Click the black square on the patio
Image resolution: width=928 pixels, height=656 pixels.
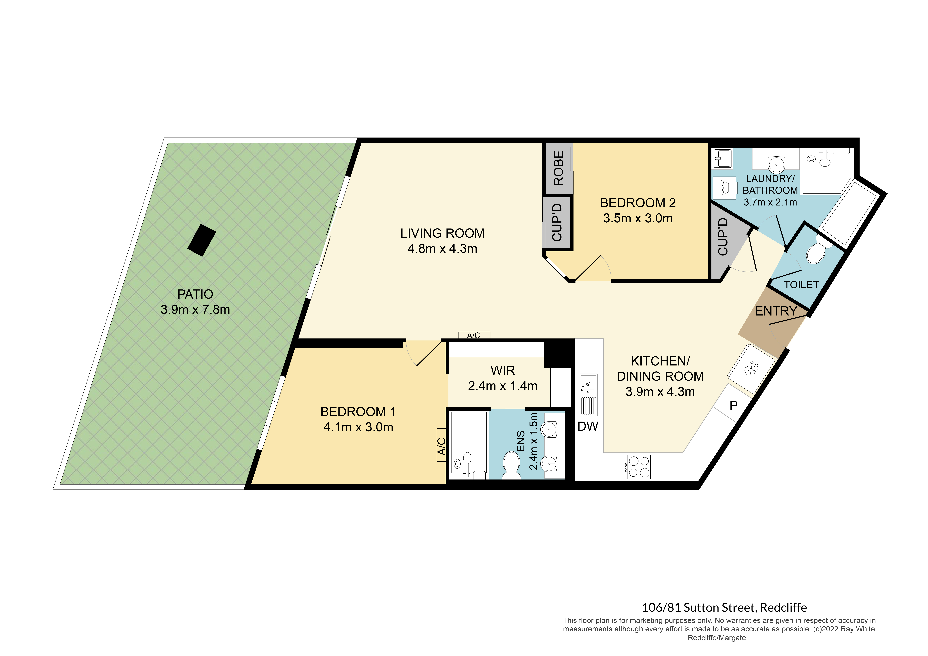coord(202,240)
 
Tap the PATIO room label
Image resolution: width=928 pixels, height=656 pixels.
coord(195,294)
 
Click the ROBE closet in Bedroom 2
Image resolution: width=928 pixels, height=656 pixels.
coord(558,168)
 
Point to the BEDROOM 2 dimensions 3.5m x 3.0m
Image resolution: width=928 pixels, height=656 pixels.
coord(638,218)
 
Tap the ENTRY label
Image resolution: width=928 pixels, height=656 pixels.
coord(776,311)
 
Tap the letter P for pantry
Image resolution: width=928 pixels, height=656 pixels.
coord(734,405)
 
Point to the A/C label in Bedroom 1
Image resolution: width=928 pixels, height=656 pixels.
coord(442,445)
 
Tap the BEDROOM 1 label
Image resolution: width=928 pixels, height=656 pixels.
coord(358,412)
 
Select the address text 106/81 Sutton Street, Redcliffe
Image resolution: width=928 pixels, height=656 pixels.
coord(724,607)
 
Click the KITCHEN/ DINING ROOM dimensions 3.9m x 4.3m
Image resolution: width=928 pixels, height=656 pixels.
coord(660,392)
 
